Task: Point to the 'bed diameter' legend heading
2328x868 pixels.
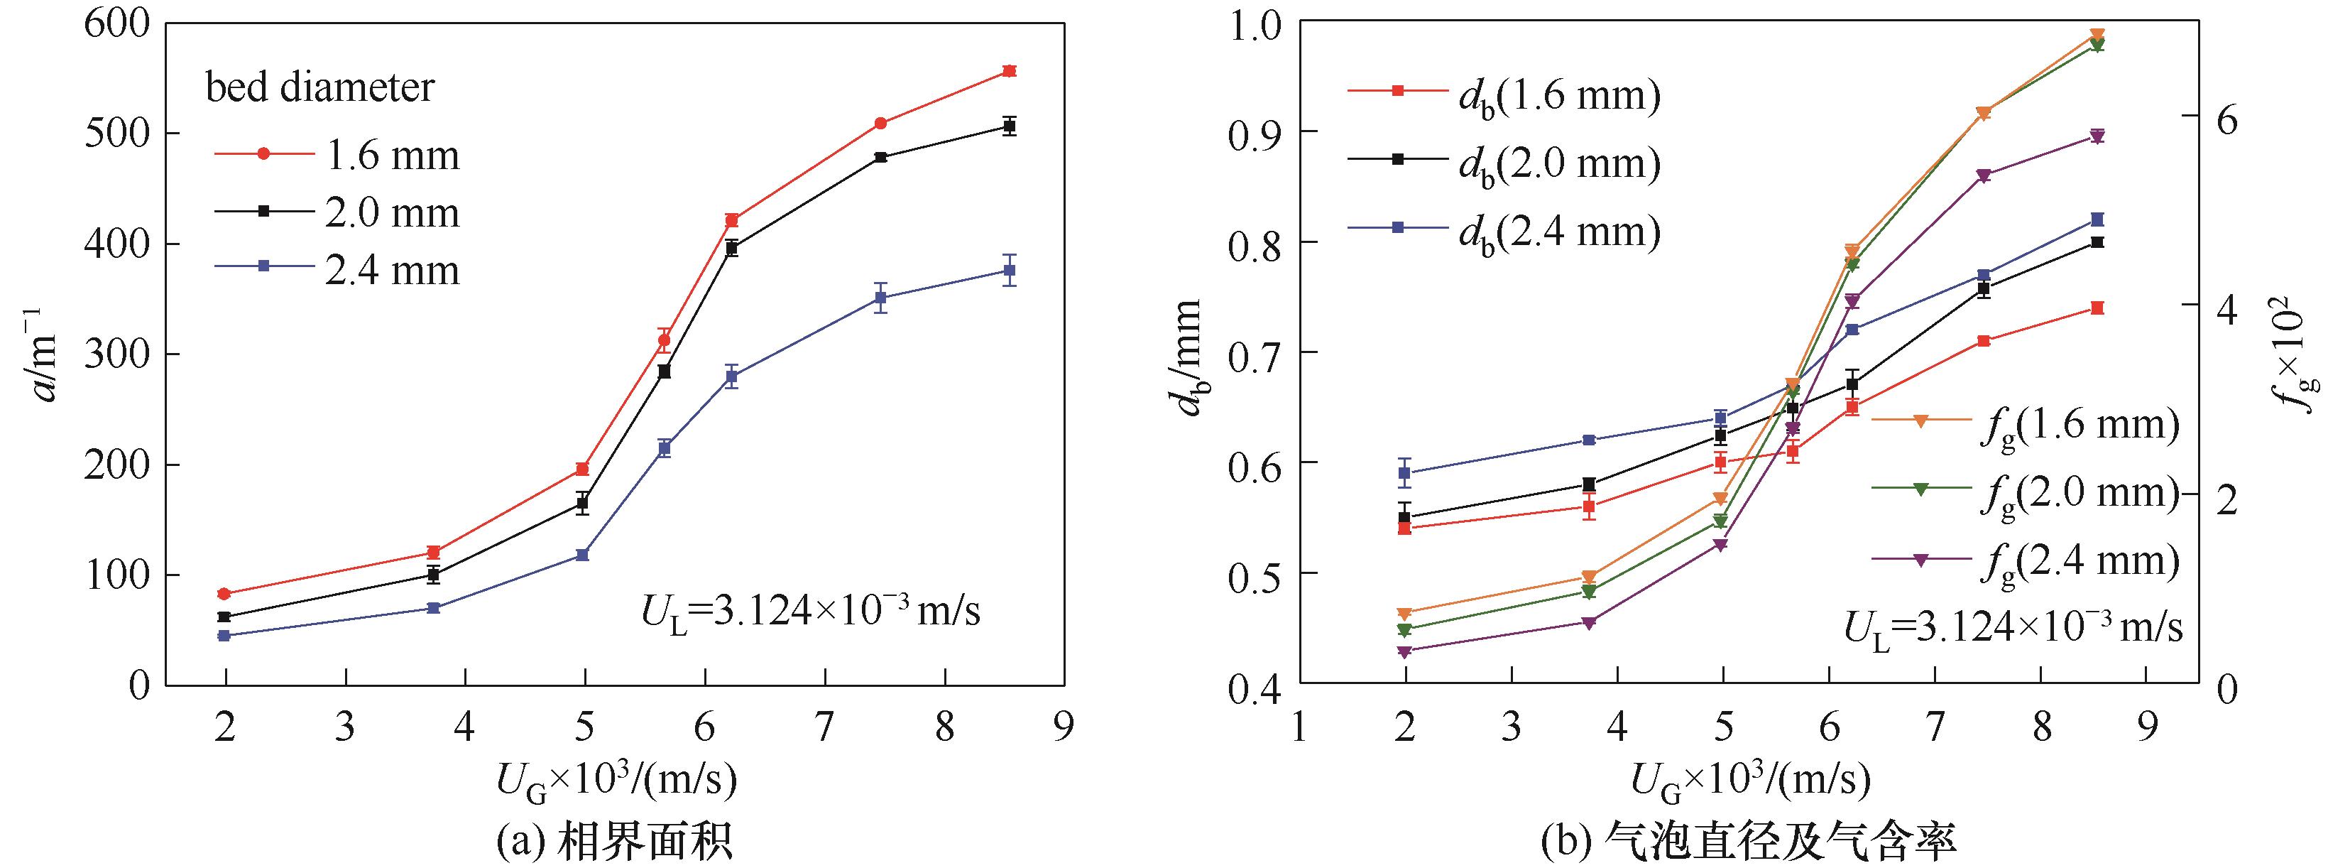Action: tap(320, 87)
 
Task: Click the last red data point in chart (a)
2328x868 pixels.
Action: tap(1010, 70)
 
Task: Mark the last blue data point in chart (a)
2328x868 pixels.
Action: tap(1010, 271)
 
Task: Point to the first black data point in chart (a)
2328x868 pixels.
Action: tap(224, 617)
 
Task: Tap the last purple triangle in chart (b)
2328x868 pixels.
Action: tap(2097, 136)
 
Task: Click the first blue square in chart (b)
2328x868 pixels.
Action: tap(1404, 472)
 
